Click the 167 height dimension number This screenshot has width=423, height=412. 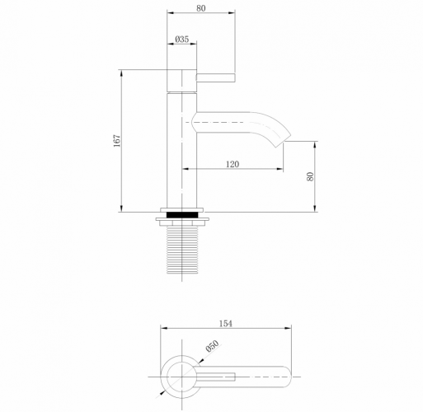117,141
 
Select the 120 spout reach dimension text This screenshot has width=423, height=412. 232,165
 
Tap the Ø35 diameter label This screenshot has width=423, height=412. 182,39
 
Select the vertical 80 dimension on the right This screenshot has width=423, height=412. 311,176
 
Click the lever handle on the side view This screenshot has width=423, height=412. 217,78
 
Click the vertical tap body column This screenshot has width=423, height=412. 182,148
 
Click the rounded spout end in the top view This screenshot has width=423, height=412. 284,378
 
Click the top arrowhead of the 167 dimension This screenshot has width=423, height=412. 123,73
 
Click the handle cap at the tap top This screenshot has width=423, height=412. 182,81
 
